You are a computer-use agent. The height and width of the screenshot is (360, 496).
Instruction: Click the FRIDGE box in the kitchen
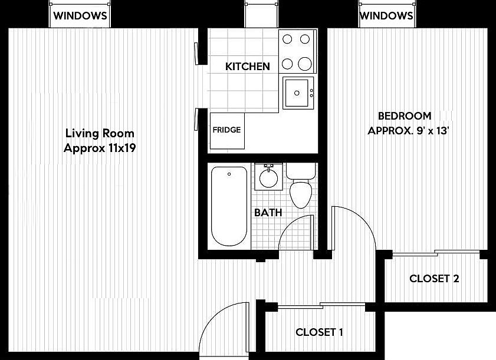(x=227, y=131)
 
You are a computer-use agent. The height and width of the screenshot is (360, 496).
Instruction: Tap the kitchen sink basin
(x=297, y=93)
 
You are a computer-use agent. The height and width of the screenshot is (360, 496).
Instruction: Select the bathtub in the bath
(x=229, y=206)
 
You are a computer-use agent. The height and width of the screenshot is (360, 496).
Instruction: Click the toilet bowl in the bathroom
(x=301, y=194)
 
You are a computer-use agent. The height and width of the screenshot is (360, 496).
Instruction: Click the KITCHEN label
(x=248, y=67)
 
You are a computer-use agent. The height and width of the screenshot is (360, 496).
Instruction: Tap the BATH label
(x=268, y=212)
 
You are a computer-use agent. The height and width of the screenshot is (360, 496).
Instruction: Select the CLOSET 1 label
(x=319, y=332)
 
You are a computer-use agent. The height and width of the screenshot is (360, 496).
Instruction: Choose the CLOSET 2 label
(x=434, y=279)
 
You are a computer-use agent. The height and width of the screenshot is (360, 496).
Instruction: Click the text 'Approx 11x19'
(x=100, y=148)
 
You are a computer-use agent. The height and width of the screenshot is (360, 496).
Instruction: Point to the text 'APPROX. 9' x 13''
(x=408, y=131)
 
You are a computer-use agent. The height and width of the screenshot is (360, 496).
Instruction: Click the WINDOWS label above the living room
(x=80, y=15)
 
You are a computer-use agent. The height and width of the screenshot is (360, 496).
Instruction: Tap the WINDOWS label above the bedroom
(x=386, y=15)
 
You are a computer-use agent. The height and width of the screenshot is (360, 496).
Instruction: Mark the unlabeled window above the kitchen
(x=261, y=15)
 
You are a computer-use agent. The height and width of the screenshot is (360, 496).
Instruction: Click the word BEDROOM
(x=405, y=116)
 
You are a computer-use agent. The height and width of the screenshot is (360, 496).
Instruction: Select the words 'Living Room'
(x=100, y=133)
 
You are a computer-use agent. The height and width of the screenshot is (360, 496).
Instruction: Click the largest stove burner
(x=305, y=64)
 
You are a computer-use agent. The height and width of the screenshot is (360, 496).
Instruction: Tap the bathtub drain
(x=229, y=174)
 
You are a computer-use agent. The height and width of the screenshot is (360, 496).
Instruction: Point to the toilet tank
(x=301, y=171)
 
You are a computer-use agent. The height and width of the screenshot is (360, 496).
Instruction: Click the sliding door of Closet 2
(x=436, y=253)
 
